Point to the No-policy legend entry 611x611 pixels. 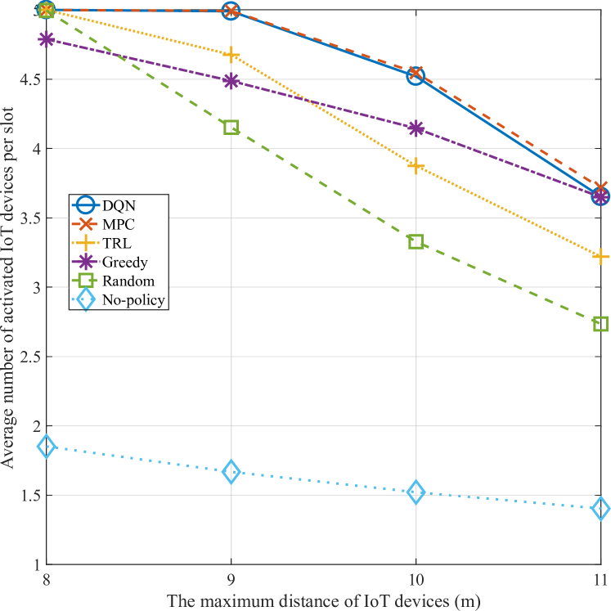(119, 299)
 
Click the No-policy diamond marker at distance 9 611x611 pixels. (231, 472)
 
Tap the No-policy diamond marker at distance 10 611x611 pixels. (416, 492)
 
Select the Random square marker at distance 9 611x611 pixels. (231, 127)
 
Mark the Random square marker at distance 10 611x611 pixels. (416, 241)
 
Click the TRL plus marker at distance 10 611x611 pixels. (416, 166)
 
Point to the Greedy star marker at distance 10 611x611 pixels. (416, 128)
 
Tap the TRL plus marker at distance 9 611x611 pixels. (231, 55)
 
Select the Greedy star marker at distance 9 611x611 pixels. (231, 81)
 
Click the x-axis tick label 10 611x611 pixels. (416, 580)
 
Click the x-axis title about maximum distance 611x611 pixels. (324, 600)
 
